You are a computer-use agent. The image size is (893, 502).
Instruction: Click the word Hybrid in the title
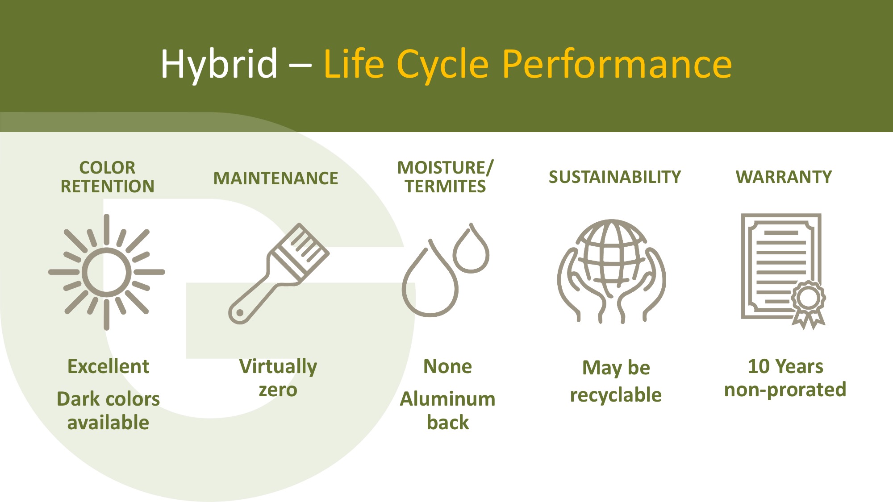pos(219,65)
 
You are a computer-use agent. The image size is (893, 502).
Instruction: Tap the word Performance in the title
pos(617,65)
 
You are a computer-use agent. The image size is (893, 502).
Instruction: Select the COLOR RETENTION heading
pos(107,177)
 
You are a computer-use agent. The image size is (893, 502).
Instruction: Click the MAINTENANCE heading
pos(275,178)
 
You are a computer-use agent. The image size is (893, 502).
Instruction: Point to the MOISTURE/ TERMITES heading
pos(445,177)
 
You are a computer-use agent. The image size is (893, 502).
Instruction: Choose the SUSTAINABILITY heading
pos(615,177)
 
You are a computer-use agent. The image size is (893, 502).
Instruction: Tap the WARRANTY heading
pos(784,177)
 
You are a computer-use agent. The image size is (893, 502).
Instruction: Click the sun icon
pos(107,272)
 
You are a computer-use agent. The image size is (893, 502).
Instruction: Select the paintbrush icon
pos(279,274)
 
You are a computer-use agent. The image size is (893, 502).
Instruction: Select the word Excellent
pos(108,366)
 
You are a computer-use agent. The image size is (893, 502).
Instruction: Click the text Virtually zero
pos(278,378)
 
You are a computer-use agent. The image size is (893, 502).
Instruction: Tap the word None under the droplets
pos(447,366)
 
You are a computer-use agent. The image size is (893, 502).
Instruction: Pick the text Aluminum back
pos(447,411)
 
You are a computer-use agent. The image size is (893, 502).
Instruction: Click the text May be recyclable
pos(616,382)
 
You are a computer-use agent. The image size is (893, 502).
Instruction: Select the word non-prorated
pos(785,390)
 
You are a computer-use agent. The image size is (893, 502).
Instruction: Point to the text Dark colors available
pos(108,411)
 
